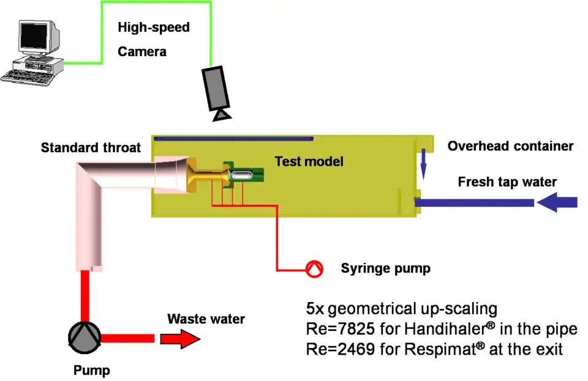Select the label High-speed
pos(154,28)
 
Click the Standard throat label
pos(91,147)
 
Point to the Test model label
pos(309,161)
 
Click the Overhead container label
pos(510,146)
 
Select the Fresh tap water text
pos(508,182)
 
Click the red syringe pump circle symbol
pos(315,269)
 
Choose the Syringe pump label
pos(385,268)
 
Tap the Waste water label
pos(206,319)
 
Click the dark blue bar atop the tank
pos(233,139)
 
